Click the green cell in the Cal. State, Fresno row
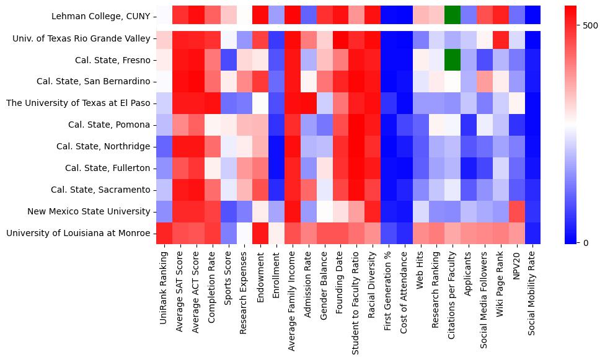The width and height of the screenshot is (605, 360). click(453, 60)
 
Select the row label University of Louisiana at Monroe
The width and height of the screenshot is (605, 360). click(78, 233)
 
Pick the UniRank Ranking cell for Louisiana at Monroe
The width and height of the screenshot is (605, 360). click(164, 233)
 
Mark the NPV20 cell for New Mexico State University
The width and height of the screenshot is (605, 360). click(516, 211)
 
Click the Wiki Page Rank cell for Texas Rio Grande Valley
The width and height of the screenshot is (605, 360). click(501, 38)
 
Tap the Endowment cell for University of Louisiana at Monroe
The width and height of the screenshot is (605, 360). click(260, 233)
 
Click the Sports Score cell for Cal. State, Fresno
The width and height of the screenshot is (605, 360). click(228, 60)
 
